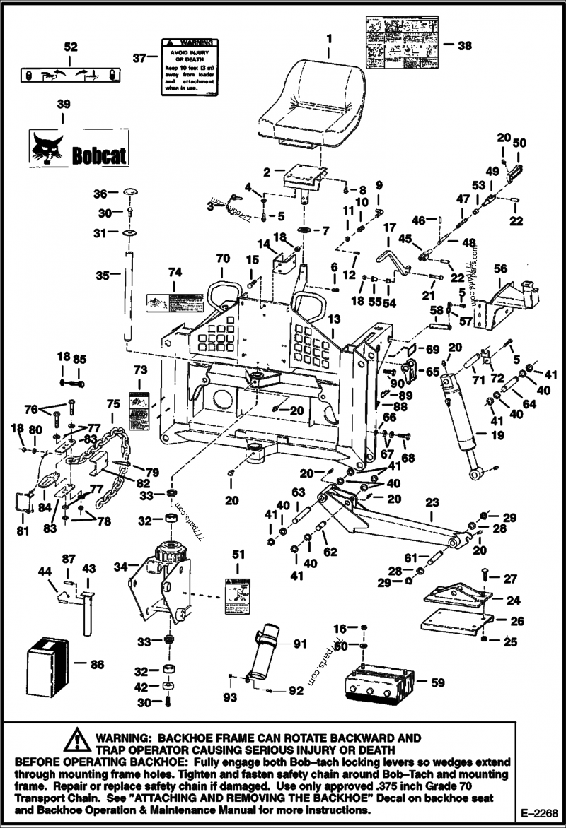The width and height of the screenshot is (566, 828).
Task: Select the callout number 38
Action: [465, 45]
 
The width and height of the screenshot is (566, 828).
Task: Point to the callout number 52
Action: [71, 47]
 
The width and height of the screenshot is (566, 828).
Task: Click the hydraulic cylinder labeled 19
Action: [461, 424]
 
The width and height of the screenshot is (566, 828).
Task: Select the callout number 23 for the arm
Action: [432, 504]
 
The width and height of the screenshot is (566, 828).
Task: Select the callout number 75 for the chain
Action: [112, 404]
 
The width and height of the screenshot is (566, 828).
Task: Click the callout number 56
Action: [500, 268]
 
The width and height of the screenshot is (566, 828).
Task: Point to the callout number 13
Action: [333, 319]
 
